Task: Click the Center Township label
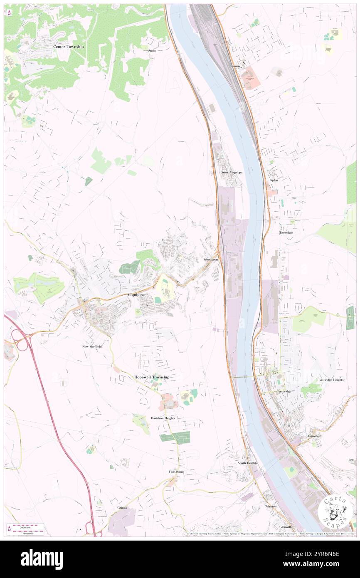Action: tap(69, 47)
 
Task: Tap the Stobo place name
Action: tap(152, 51)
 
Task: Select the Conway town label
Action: tap(235, 66)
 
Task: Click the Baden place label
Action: tap(274, 180)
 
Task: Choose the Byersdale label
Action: tap(286, 232)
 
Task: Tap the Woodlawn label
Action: tap(210, 259)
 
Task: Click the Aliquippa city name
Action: tap(135, 294)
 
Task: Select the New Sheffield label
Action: tap(92, 346)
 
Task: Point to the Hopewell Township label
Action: tap(152, 377)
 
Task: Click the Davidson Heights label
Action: tap(163, 418)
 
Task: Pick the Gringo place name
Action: tap(122, 508)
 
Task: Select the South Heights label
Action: tap(247, 463)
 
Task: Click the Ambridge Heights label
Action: tap(331, 380)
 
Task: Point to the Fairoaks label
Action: tap(313, 436)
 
